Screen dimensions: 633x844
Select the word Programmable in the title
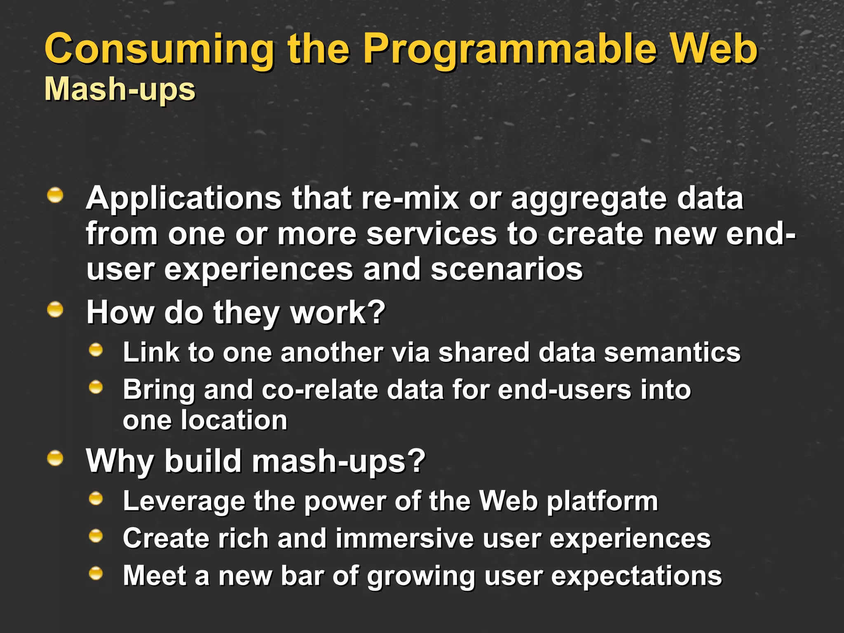point(509,49)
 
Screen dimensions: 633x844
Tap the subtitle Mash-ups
point(120,89)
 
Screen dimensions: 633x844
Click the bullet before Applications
point(55,195)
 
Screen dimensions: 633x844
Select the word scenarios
point(506,270)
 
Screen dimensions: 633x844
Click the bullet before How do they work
point(55,309)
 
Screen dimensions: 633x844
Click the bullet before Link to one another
point(96,350)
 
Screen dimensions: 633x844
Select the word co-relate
point(320,390)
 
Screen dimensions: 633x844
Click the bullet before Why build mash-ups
point(55,458)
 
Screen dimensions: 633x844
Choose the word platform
point(602,502)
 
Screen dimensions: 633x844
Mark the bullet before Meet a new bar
point(96,573)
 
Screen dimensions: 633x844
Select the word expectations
point(636,576)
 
